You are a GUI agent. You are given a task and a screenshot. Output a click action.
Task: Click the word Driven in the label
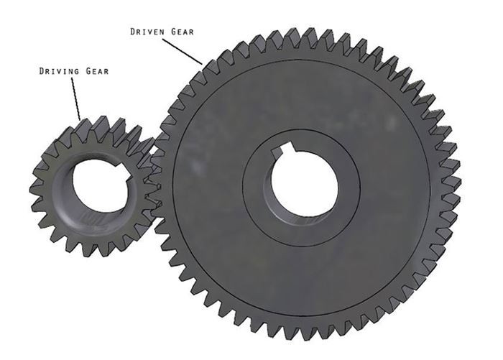(148, 32)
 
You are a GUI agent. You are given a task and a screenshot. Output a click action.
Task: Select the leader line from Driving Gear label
(75, 98)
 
